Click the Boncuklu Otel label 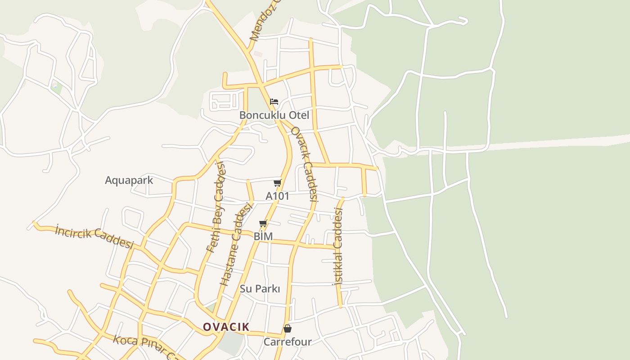point(274,115)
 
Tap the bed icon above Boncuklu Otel point(274,102)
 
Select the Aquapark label point(129,180)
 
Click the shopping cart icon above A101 point(278,183)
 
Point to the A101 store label point(278,196)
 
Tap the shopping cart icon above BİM point(263,224)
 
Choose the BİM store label point(263,236)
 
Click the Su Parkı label point(260,289)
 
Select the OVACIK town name point(226,327)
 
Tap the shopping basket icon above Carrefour point(288,328)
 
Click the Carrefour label point(288,342)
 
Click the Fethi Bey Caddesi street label point(216,207)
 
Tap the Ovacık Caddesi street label point(304,164)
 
